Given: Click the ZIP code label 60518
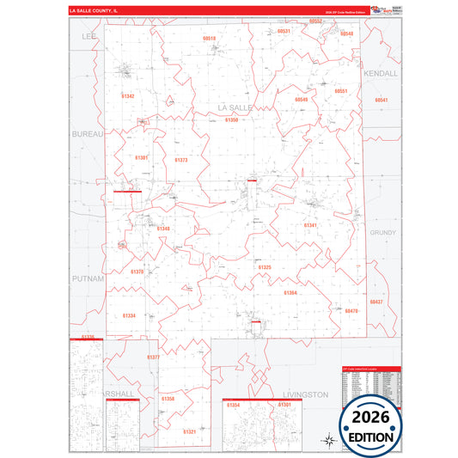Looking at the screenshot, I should [210, 39].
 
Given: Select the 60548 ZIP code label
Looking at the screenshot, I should [346, 33].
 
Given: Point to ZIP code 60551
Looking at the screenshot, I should [341, 90].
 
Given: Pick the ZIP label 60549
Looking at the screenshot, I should [301, 100].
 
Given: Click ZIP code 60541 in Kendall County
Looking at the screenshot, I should [382, 101].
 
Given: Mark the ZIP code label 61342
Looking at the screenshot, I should [128, 96].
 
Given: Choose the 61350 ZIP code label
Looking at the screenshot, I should [231, 120].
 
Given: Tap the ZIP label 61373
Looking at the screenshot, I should [180, 160].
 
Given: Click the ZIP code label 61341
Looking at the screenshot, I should [310, 225].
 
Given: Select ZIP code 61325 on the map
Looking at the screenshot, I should [265, 267].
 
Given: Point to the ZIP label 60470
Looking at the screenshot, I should [351, 311].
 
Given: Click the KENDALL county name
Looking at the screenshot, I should [381, 74].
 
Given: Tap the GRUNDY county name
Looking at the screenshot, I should [382, 232].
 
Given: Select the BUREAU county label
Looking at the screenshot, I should [87, 135].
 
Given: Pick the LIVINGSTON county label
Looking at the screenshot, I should [305, 394].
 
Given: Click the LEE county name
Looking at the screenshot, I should [89, 38].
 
